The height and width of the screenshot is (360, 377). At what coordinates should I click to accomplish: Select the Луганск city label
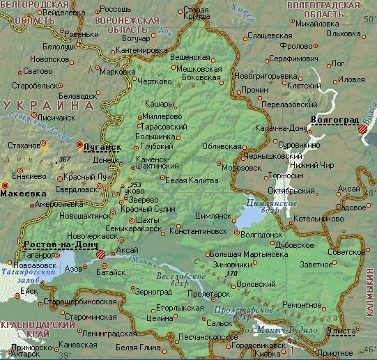[102, 148]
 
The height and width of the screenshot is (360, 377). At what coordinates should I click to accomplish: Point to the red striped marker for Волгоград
[363, 129]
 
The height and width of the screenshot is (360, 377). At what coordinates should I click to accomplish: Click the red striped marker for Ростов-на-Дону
[102, 255]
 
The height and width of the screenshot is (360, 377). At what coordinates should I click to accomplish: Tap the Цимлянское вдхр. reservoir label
[268, 205]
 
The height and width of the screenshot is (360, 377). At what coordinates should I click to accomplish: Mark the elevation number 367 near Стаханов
[66, 159]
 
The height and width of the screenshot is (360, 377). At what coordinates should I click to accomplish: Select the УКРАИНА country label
[49, 105]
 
